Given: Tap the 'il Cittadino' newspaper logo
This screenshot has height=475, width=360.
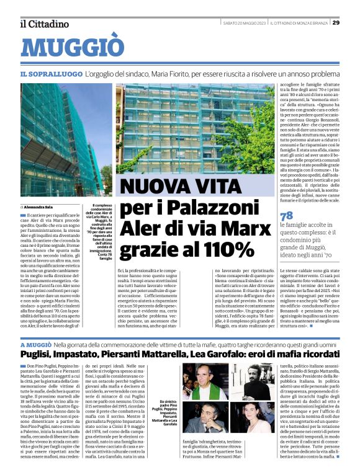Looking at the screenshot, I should tap(44, 24).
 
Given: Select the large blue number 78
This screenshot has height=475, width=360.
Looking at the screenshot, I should tap(287, 215).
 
